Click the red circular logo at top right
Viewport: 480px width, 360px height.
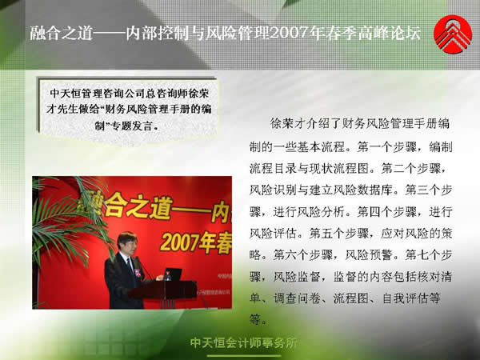click(453, 34)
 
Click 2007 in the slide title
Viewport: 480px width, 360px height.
click(288, 33)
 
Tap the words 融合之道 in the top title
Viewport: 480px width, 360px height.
click(62, 33)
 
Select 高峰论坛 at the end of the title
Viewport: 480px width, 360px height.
click(390, 33)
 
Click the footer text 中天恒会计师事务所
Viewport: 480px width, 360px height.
click(244, 343)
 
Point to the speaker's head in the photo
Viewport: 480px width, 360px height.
click(126, 241)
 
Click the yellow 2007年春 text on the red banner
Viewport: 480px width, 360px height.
click(196, 243)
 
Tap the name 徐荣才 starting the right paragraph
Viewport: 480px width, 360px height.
click(284, 123)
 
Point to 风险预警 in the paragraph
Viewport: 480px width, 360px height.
click(369, 255)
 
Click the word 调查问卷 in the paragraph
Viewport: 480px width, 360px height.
click(297, 298)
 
